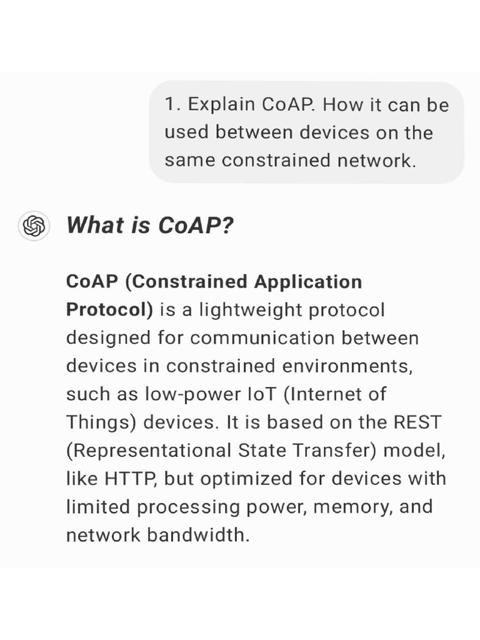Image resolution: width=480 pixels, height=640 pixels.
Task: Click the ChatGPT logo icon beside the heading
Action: click(34, 226)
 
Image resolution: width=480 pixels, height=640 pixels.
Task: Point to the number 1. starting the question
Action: click(172, 104)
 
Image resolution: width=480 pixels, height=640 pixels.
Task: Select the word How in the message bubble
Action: click(341, 104)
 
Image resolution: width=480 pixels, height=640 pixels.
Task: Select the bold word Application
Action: click(307, 282)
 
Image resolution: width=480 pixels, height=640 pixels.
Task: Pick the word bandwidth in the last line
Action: click(197, 535)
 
